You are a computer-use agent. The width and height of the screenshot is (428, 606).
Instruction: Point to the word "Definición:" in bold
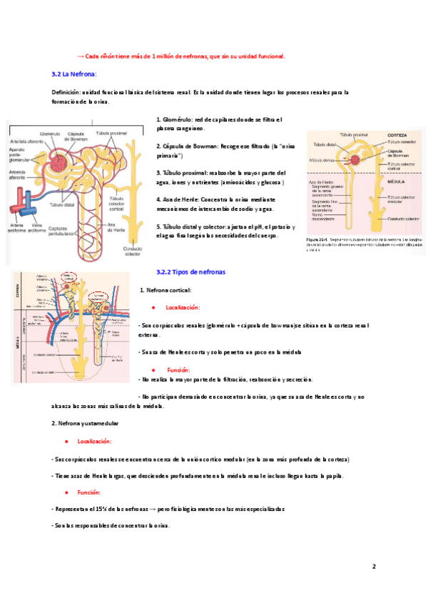66,92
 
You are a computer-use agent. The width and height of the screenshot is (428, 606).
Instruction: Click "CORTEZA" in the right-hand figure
397,135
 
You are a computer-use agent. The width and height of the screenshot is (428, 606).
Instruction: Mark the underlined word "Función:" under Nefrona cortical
178,370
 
